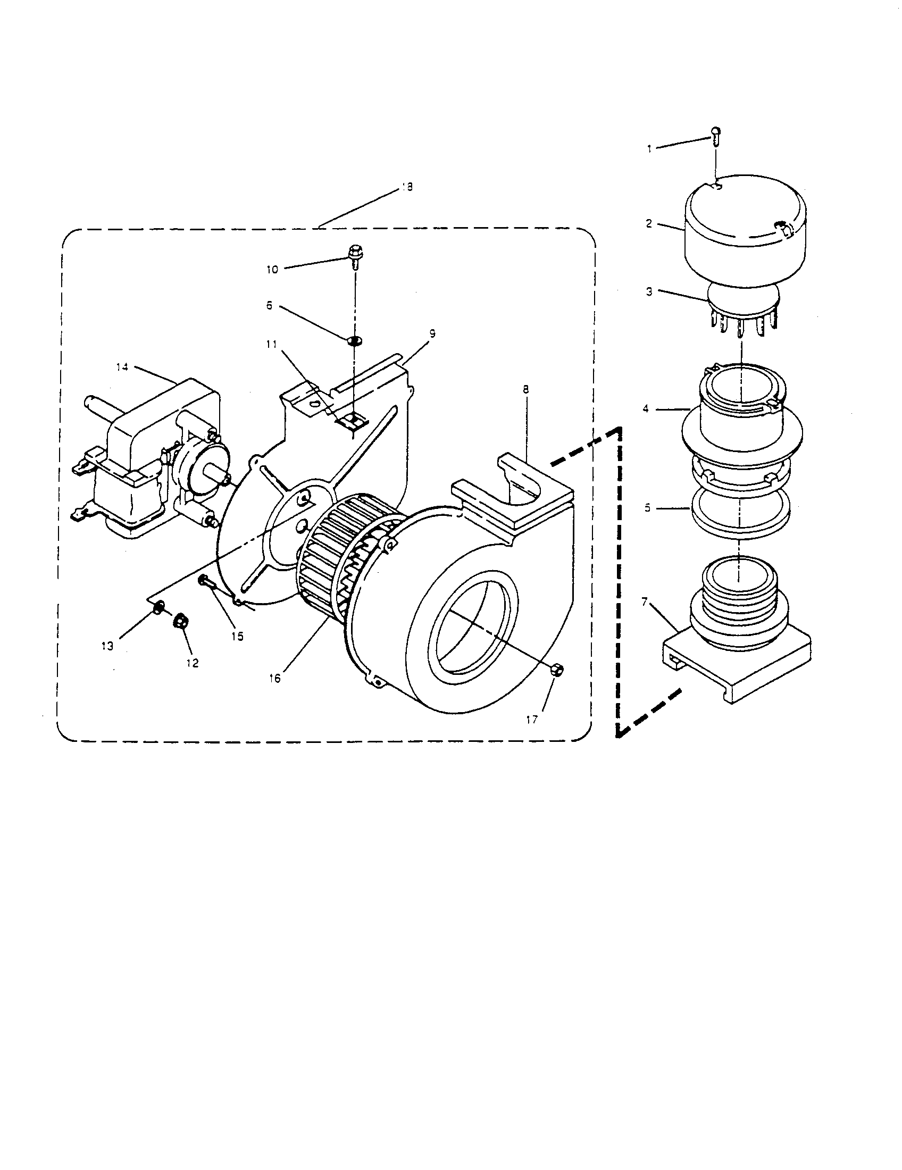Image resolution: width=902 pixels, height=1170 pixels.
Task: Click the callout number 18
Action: coord(407,188)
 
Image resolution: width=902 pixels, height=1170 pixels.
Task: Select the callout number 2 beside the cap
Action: coord(649,223)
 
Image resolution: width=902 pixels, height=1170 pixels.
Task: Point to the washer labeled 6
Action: coord(353,340)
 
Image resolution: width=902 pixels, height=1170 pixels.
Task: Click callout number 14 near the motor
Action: coord(122,367)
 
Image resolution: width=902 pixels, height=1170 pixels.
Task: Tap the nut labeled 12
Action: coord(180,621)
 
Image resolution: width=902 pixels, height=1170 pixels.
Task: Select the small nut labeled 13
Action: coord(159,607)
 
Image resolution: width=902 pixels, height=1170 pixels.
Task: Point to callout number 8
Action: coord(525,389)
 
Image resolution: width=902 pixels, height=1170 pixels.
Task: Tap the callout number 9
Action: coord(432,333)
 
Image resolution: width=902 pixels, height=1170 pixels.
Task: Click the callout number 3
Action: coord(649,292)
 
